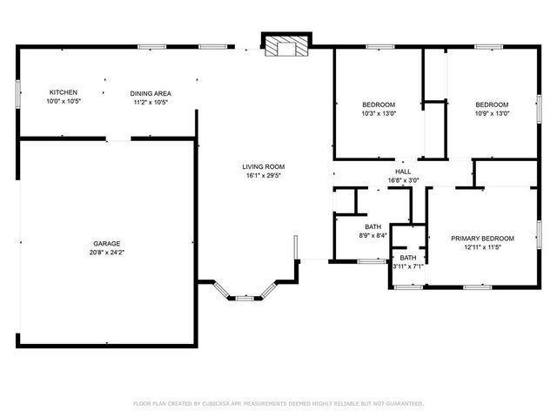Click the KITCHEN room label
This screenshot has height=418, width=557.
[63, 92]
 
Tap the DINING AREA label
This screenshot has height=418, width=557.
[151, 93]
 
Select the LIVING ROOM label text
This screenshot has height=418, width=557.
[263, 166]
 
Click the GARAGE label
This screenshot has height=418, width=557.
[107, 243]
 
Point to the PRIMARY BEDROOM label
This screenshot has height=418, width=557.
[481, 239]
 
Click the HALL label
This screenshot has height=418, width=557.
[403, 172]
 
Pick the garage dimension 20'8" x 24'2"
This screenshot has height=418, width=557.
[107, 253]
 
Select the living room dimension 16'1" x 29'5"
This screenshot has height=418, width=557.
[263, 176]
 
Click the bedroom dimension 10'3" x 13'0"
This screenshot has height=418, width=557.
[378, 113]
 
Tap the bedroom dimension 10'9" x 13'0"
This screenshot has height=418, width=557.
[492, 113]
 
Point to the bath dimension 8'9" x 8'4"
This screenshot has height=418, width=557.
[372, 236]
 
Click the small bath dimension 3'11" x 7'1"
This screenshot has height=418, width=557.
[407, 266]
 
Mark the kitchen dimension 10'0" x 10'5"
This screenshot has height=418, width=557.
[63, 102]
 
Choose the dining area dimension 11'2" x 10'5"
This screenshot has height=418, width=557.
[151, 102]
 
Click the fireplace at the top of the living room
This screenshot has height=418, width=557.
[286, 46]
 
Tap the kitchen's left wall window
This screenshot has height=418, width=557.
[19, 92]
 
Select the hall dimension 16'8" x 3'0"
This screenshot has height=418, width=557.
[403, 181]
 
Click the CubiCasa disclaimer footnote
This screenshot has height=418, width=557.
[278, 403]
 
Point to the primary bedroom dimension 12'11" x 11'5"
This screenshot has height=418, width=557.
[481, 248]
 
